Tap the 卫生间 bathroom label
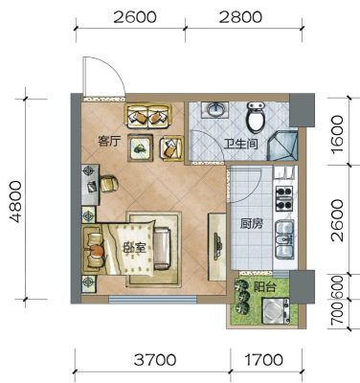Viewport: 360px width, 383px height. coord(240,145)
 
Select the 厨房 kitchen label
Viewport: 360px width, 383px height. coord(252,224)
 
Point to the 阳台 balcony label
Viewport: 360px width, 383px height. coord(264,287)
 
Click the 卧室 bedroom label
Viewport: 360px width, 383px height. coord(134,248)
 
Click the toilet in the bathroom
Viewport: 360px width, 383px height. coord(256,117)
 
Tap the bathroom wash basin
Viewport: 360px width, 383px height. coord(216,110)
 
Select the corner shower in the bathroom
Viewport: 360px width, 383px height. coord(283,145)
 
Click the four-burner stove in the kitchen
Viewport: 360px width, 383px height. coord(284,198)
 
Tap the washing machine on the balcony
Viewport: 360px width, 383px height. coord(275,311)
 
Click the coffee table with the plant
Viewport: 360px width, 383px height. coord(141,147)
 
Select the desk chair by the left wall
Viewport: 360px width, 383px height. coord(109,184)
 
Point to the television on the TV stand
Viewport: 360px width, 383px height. coord(217,247)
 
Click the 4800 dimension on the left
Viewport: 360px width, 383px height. coord(15,202)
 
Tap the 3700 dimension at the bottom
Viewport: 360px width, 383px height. coord(155,360)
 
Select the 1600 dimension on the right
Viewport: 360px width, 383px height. coord(337,134)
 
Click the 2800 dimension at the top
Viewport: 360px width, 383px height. coord(240,17)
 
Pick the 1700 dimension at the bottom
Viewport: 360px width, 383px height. coord(263,360)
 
